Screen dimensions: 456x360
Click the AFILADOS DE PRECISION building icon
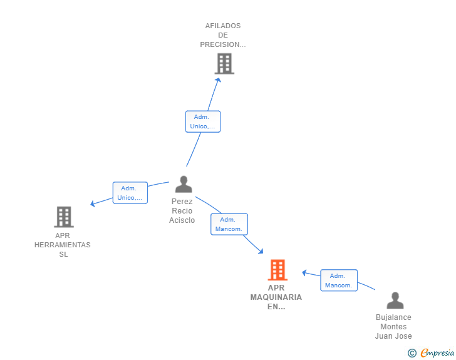point(224,64)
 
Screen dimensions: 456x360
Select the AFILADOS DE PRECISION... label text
point(223,35)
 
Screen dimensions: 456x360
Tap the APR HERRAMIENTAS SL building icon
point(64,217)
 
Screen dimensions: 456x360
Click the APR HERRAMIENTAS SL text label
point(63,245)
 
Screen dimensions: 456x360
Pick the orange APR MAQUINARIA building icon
point(277,270)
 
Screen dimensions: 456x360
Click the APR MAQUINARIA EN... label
point(276,297)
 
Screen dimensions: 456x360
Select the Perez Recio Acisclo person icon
point(184,184)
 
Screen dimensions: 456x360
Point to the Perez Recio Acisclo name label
point(182,211)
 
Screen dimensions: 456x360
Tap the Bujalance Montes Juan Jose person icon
point(395,301)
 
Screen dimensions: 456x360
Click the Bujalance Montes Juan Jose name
point(393,327)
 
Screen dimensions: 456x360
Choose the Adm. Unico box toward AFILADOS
point(203,121)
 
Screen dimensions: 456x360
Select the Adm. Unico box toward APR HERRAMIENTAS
point(130,193)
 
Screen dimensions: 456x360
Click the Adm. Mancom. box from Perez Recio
point(229,224)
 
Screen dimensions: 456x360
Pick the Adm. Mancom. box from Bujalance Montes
point(339,280)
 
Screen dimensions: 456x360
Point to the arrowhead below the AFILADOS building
point(219,80)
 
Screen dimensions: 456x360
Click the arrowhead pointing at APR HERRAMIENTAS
point(93,203)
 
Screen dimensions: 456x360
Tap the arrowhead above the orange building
point(261,251)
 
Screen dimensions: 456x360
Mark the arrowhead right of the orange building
point(304,273)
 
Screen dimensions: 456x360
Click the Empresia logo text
point(437,353)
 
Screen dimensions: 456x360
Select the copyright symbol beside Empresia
point(412,353)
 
